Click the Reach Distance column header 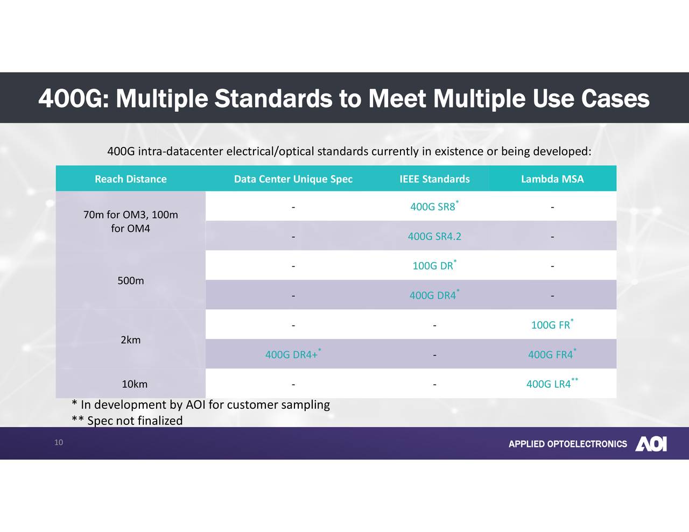[131, 179]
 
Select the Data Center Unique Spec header [293, 179]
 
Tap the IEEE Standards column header [434, 179]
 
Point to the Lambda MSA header [552, 179]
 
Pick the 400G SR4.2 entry [434, 237]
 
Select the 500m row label [131, 281]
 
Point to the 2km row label [131, 340]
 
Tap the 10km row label [135, 384]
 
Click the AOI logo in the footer [651, 444]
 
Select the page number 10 [59, 443]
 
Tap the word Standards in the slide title [273, 99]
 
